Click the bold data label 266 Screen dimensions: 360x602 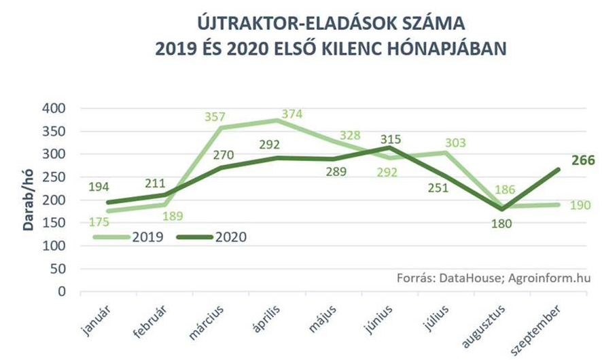(x=583, y=161)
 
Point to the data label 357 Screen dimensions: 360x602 (x=215, y=117)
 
